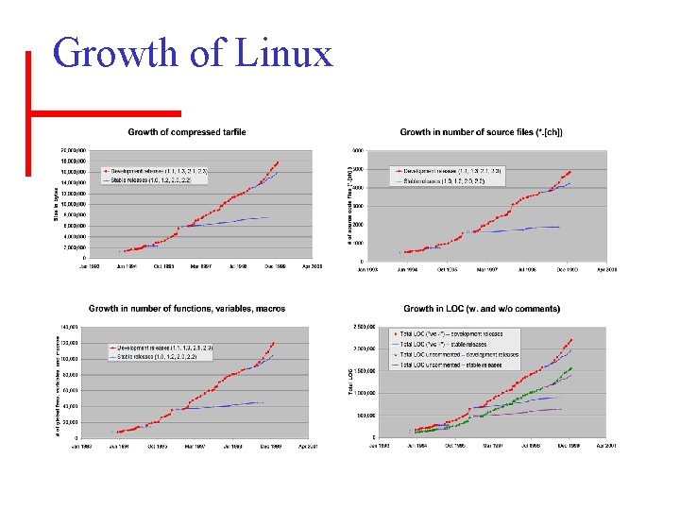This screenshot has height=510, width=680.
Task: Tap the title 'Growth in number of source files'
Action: pyautogui.click(x=482, y=132)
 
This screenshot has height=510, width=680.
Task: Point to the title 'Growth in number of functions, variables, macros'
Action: pyautogui.click(x=187, y=308)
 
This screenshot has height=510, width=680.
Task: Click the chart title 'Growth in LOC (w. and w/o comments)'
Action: pyautogui.click(x=482, y=308)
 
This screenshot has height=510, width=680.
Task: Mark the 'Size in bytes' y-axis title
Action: pyautogui.click(x=54, y=203)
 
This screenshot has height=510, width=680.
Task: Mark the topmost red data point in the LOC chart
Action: pyautogui.click(x=571, y=339)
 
